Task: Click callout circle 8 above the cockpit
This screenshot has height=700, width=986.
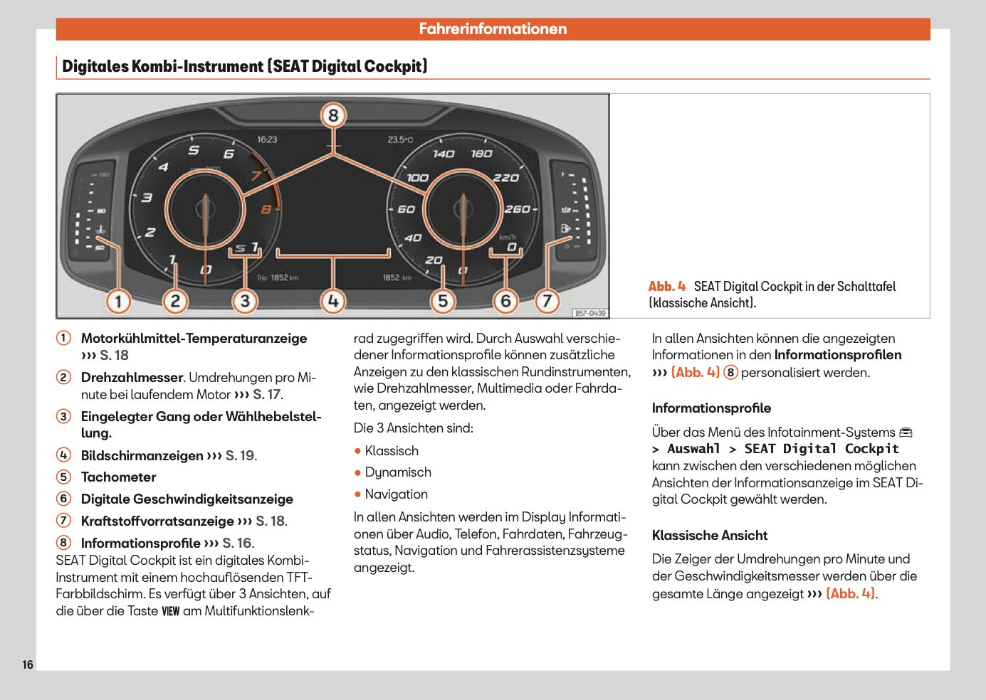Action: click(x=333, y=115)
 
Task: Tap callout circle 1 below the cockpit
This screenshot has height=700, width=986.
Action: click(x=118, y=301)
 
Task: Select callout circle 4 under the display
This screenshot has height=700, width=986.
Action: click(x=333, y=301)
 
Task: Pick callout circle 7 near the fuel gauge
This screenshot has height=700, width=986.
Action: click(x=547, y=301)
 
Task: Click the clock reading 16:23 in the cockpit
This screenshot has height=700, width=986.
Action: click(x=267, y=139)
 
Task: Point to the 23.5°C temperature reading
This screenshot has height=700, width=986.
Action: click(x=400, y=139)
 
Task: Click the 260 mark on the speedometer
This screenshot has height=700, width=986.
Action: click(x=517, y=209)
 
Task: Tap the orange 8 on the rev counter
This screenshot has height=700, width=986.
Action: click(x=266, y=209)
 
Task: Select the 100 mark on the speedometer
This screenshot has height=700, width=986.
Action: click(x=417, y=178)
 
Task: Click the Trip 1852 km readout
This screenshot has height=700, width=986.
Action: click(x=278, y=277)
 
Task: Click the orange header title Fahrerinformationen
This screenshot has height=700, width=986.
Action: click(x=493, y=29)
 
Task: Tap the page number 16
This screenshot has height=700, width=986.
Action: click(x=28, y=664)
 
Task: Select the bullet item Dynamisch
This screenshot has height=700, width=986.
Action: click(x=398, y=472)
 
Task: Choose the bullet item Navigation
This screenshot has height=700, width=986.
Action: click(x=396, y=494)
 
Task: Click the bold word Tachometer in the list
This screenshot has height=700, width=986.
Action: click(x=118, y=477)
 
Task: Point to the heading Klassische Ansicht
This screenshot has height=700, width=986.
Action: click(x=710, y=536)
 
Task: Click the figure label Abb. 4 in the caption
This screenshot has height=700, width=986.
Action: click(x=667, y=287)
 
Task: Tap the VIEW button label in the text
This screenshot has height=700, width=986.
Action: click(x=171, y=611)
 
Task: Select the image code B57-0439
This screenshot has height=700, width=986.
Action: click(x=589, y=313)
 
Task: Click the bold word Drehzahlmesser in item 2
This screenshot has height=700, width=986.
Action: click(x=132, y=378)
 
